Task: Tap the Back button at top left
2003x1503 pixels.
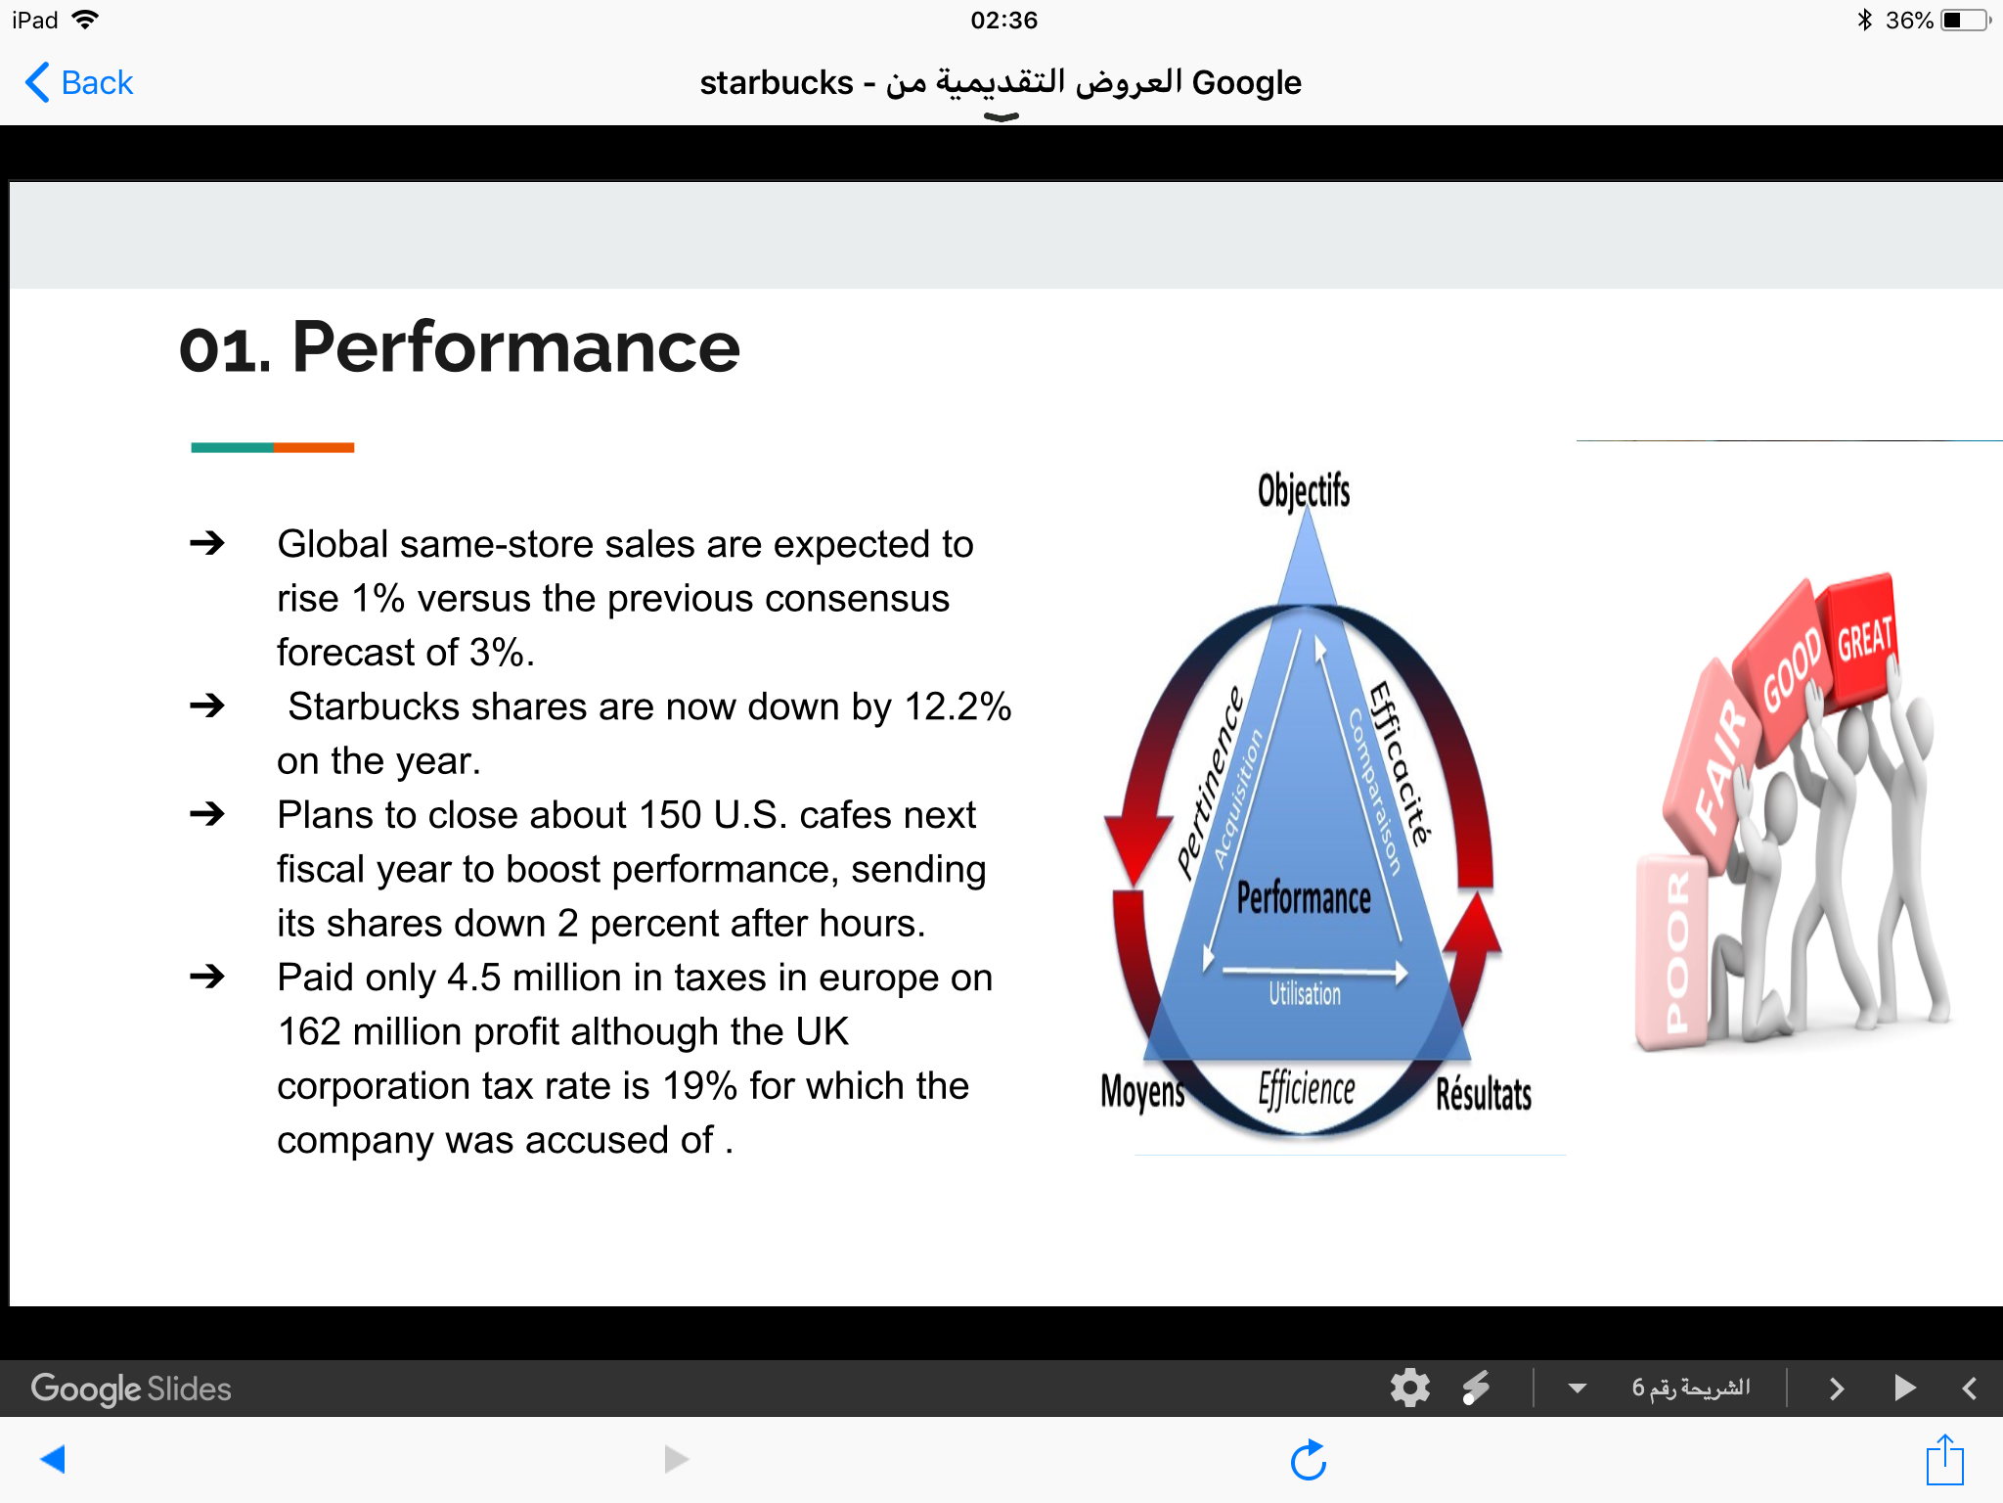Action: tap(79, 82)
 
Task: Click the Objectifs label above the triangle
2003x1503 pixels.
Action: tap(1304, 490)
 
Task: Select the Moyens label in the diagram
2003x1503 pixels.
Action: tap(1142, 1091)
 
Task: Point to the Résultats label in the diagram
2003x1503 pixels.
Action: tap(1484, 1093)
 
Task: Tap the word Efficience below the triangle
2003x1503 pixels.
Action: tap(1307, 1089)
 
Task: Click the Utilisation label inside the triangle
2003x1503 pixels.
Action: tap(1305, 994)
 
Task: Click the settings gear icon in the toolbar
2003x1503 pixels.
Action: tap(1410, 1388)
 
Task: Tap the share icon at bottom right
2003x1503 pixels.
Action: tap(1944, 1460)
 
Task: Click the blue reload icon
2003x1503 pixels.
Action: tap(1308, 1460)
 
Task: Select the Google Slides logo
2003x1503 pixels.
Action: tap(131, 1389)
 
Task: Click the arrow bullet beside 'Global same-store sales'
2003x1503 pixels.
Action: tap(207, 542)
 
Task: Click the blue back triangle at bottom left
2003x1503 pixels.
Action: tap(53, 1459)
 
